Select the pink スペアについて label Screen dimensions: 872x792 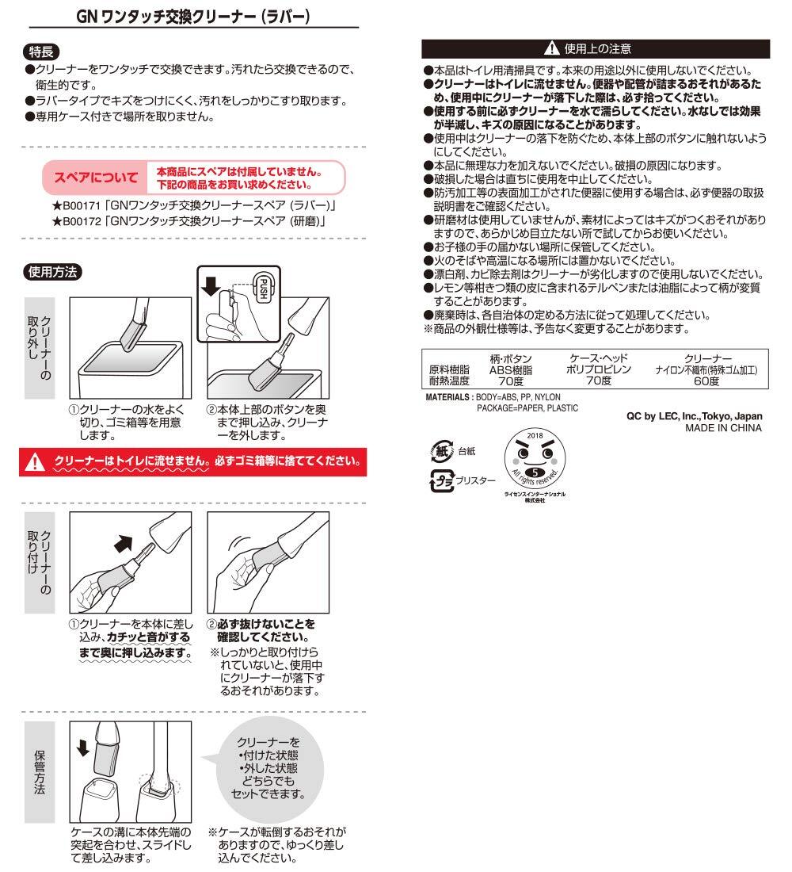tap(95, 179)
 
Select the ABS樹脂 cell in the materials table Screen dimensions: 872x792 tap(511, 369)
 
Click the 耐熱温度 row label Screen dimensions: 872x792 tap(449, 381)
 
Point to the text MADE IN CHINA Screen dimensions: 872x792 tap(723, 428)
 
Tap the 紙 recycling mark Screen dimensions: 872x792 tap(440, 450)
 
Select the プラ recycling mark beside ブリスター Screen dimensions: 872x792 tap(440, 480)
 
